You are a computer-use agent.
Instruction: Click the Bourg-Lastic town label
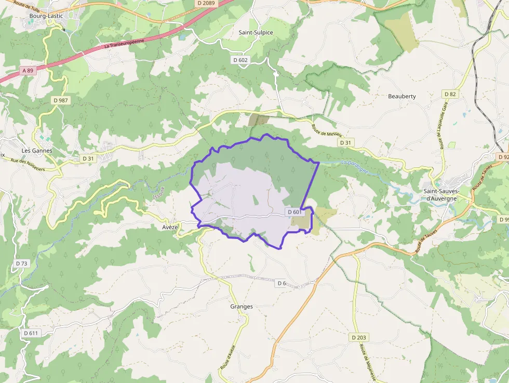point(46,16)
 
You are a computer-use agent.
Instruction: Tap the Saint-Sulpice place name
point(256,32)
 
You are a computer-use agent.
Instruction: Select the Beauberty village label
point(402,96)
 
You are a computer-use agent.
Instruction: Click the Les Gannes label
point(37,151)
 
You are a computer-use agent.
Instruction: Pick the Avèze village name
point(170,228)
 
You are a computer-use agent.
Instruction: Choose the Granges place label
point(242,307)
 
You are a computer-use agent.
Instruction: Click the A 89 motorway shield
point(28,70)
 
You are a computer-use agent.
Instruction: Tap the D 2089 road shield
point(206,3)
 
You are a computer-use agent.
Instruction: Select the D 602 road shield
point(241,60)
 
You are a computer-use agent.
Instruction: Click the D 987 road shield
point(60,100)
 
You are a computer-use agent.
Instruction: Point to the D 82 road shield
point(450,94)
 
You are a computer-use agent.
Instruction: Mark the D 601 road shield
point(294,212)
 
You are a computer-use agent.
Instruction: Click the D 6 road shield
point(282,283)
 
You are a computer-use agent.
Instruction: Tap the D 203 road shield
point(358,337)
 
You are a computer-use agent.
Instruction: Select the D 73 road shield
point(22,263)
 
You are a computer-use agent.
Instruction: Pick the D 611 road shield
point(31,333)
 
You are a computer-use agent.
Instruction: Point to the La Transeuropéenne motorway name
point(124,44)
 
